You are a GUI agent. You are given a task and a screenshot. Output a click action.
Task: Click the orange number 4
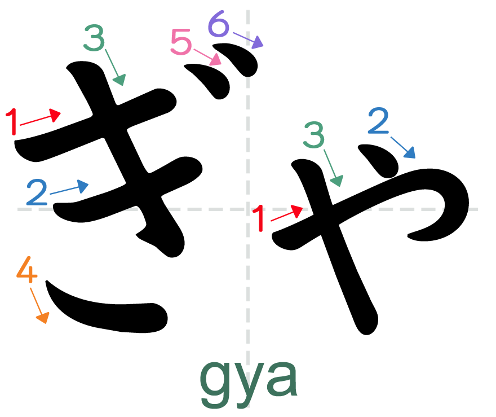[x=26, y=270]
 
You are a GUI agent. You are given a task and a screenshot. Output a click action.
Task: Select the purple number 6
[x=219, y=25]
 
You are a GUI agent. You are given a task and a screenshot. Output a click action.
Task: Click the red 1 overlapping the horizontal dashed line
[x=259, y=218]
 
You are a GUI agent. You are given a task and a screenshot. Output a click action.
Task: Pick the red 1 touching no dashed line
[x=12, y=121]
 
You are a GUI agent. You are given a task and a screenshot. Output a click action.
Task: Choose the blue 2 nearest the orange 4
[x=37, y=192]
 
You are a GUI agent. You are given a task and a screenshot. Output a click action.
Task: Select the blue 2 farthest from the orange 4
[x=378, y=121]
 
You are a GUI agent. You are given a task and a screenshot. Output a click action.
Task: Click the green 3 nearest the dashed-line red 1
[x=314, y=135]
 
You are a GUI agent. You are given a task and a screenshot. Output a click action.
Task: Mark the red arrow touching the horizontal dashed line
[x=287, y=214]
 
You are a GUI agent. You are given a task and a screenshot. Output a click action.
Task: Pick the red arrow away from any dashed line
[x=40, y=118]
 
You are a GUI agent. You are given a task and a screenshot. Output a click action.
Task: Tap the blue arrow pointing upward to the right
[x=69, y=188]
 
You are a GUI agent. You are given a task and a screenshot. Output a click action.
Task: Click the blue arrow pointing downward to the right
[x=403, y=147]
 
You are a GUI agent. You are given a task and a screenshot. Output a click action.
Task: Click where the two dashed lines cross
[x=248, y=209]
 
